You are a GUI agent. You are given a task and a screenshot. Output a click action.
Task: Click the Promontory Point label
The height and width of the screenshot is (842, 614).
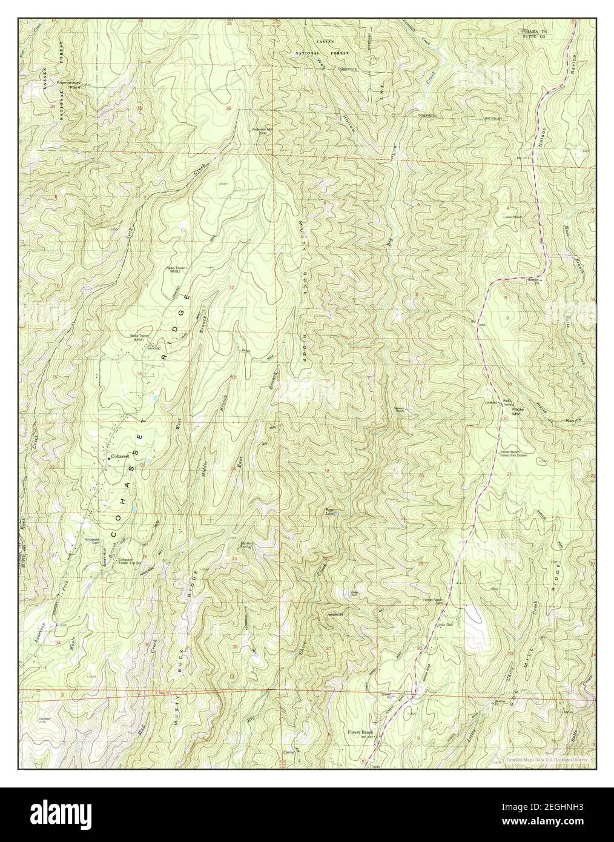pyautogui.click(x=70, y=84)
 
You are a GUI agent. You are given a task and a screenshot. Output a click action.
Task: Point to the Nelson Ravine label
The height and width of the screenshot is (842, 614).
pyautogui.click(x=560, y=100)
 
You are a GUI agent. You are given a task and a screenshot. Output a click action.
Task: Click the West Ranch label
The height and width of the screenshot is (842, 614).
pyautogui.click(x=513, y=216)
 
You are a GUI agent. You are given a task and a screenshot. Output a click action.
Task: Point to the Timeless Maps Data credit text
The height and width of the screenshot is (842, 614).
pyautogui.click(x=547, y=758)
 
